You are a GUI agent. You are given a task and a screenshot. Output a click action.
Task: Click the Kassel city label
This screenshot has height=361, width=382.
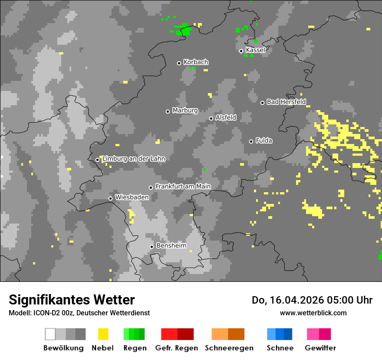pos(255,50)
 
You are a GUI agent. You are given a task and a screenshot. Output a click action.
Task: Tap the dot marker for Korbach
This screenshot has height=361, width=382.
pos(179,63)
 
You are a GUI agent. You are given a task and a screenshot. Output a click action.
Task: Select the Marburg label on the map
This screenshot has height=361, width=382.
pos(185,110)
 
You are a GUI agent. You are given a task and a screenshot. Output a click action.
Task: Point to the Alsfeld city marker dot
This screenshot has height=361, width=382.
pos(211,118)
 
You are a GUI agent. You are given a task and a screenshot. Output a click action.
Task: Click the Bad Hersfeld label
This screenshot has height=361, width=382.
pos(286,102)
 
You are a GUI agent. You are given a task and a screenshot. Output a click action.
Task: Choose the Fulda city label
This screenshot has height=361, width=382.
pos(264,140)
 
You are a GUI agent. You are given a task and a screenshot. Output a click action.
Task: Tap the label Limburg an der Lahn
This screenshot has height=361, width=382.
pos(134,159)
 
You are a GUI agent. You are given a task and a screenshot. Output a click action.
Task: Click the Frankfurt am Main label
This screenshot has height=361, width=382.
pos(183,187)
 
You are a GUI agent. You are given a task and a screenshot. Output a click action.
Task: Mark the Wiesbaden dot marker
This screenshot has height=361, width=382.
pos(110,198)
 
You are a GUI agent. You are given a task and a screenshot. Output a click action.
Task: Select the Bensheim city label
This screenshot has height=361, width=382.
pos(171,246)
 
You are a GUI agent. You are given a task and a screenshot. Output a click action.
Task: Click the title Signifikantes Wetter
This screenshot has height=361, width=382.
pos(72,300)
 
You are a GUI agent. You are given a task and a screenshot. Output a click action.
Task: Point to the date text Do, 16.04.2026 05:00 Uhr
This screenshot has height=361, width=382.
pos(312,300)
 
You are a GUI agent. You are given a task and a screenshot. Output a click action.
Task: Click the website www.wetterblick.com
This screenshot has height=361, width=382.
pos(313,313)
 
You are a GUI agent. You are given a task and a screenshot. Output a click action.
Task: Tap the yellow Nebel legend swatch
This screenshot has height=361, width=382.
pos(103,334)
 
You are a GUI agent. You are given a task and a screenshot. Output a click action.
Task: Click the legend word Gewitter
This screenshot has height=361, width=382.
pos(320,348)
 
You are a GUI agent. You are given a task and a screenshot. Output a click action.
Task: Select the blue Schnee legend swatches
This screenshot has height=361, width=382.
pos(280,334)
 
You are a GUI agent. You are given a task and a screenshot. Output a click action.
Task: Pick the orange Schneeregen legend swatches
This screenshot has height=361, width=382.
pos(228,334)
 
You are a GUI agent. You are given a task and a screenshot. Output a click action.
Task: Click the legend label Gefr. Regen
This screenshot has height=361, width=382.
pos(177,348)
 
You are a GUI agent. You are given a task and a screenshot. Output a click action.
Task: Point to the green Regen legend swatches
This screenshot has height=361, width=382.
pos(134,334)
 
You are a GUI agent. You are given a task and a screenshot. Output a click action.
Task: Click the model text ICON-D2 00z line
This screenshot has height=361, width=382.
pos(79,313)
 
